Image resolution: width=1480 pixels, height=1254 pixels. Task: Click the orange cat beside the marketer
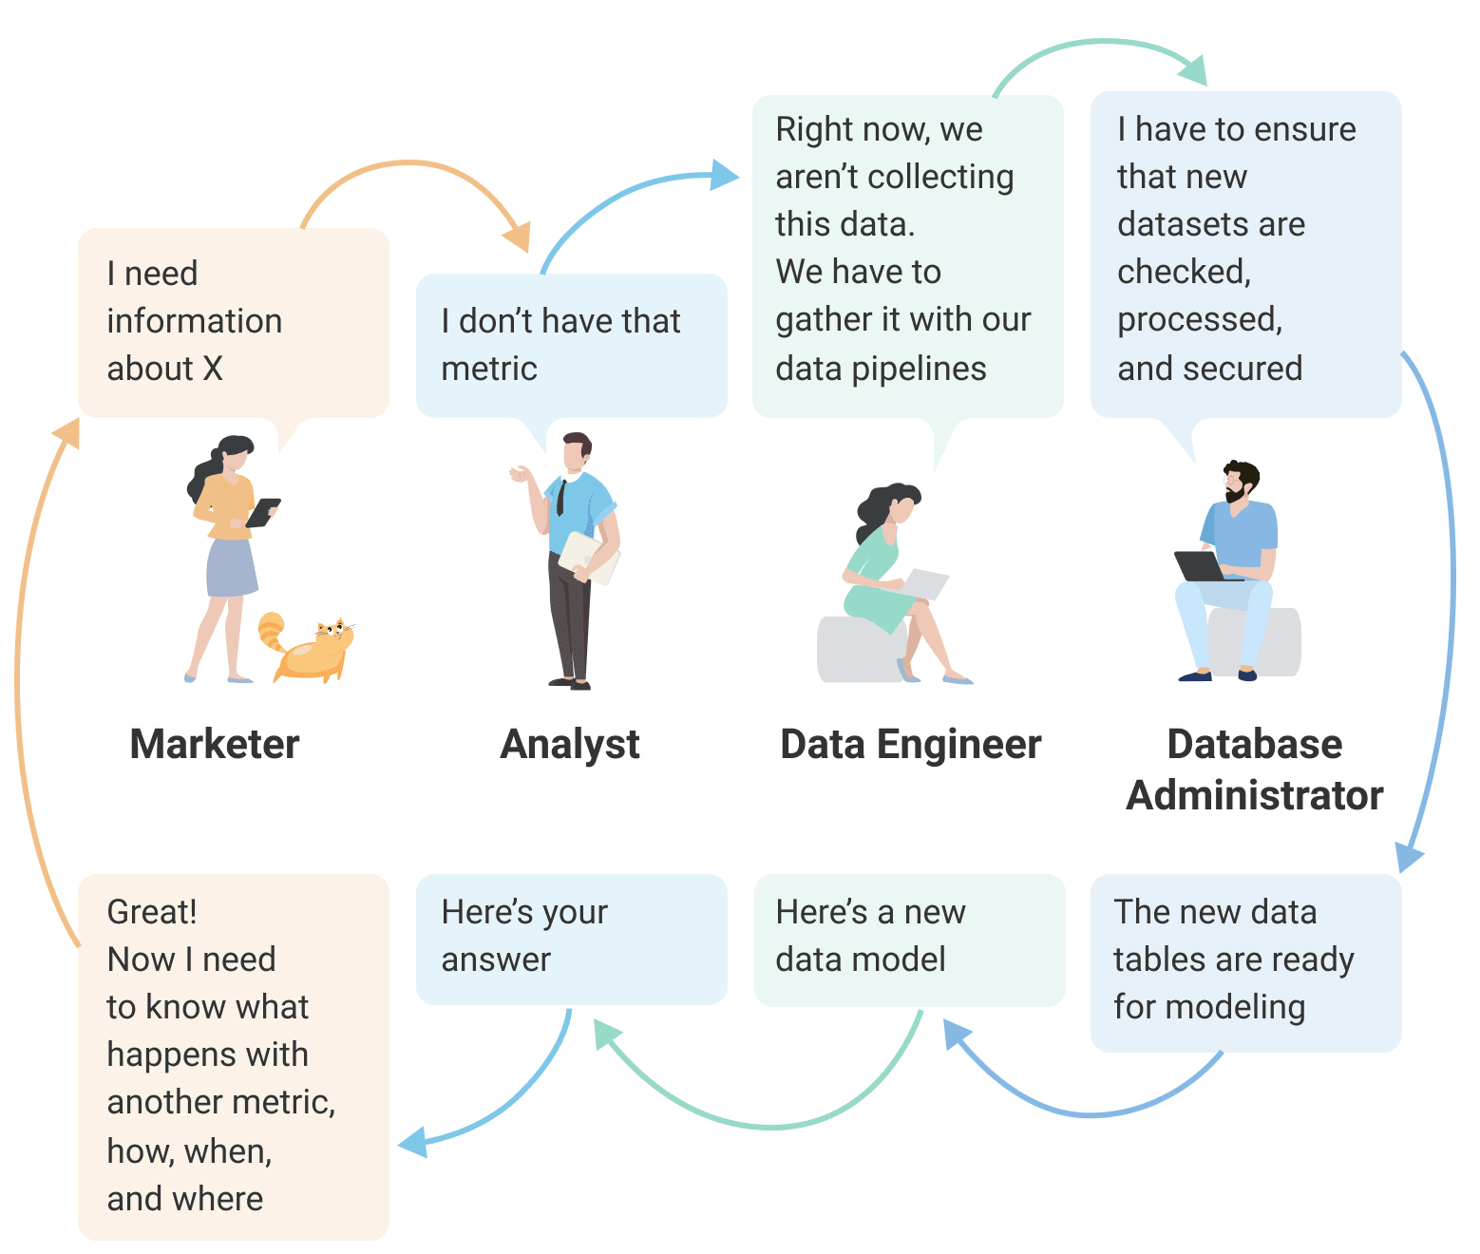pos(308,647)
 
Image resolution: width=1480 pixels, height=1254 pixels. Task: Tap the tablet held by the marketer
pos(263,513)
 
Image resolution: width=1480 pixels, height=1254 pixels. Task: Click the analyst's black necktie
pos(561,499)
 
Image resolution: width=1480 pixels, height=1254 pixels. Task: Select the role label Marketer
pos(215,744)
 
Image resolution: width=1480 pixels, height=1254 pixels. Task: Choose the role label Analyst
pos(570,746)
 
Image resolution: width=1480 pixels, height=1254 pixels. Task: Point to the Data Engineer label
pos(911,746)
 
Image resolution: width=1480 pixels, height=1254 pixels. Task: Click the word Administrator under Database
pos(1255,796)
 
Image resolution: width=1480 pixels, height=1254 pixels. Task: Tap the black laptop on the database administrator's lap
pos(1202,566)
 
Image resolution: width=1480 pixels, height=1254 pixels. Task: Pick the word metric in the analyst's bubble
pos(489,369)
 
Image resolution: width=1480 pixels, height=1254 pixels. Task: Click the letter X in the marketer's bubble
pos(213,369)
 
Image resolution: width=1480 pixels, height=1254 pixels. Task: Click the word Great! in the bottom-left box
pos(152,912)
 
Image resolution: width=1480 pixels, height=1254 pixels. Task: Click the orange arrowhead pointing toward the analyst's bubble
pos(517,237)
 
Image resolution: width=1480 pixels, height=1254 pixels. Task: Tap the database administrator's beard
pos(1234,494)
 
